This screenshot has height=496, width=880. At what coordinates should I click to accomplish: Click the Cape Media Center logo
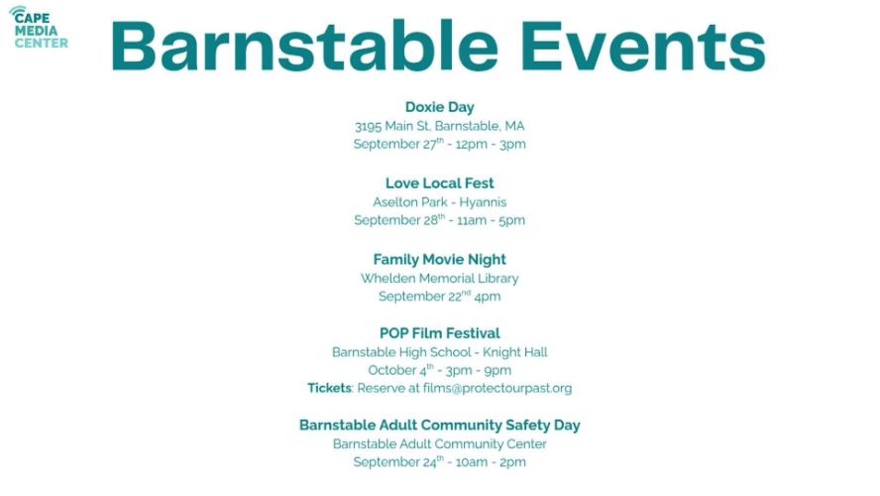39,27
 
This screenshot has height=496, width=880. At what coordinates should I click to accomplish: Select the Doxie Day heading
439,107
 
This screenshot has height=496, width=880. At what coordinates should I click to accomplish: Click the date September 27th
398,143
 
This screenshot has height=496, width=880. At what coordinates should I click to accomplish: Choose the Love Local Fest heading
439,184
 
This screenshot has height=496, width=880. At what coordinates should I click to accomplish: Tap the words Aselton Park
409,201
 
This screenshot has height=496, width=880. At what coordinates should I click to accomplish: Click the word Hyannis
483,202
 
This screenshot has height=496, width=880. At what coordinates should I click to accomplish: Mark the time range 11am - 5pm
492,220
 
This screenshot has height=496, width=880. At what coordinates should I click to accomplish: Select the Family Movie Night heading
439,260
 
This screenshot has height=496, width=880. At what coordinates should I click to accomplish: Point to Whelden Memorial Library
439,278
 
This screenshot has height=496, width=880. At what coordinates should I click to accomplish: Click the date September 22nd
424,296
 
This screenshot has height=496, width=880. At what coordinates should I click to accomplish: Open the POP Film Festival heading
439,333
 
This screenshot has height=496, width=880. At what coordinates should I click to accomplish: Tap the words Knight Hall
515,352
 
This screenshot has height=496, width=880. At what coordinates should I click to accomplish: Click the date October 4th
400,370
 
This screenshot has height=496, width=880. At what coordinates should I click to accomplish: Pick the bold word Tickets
329,388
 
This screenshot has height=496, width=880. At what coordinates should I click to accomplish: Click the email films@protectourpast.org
497,388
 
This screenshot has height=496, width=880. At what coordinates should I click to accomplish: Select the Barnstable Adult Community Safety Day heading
439,426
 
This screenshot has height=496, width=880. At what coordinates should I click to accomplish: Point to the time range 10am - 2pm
492,462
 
